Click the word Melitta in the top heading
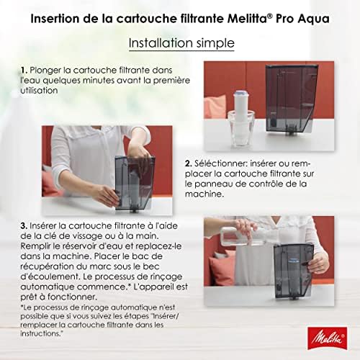[246, 19]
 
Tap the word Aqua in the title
[314, 19]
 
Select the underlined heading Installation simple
[181, 44]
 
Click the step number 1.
[24, 70]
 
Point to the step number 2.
[189, 163]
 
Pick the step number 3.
[24, 225]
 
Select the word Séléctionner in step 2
[220, 163]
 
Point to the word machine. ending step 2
[204, 194]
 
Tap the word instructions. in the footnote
[42, 333]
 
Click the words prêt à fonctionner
[59, 297]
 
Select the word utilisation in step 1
[39, 91]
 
